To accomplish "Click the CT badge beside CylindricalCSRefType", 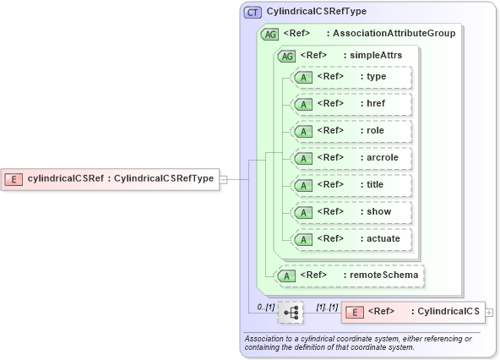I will (253, 13).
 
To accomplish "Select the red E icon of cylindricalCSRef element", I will (14, 178).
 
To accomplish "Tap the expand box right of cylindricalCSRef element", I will (224, 178).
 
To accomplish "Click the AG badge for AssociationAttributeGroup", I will (270, 34).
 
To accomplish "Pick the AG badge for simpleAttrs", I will (287, 55).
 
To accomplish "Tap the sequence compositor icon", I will (291, 313).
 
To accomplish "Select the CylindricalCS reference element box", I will (413, 312).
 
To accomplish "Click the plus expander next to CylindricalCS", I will (490, 313).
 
